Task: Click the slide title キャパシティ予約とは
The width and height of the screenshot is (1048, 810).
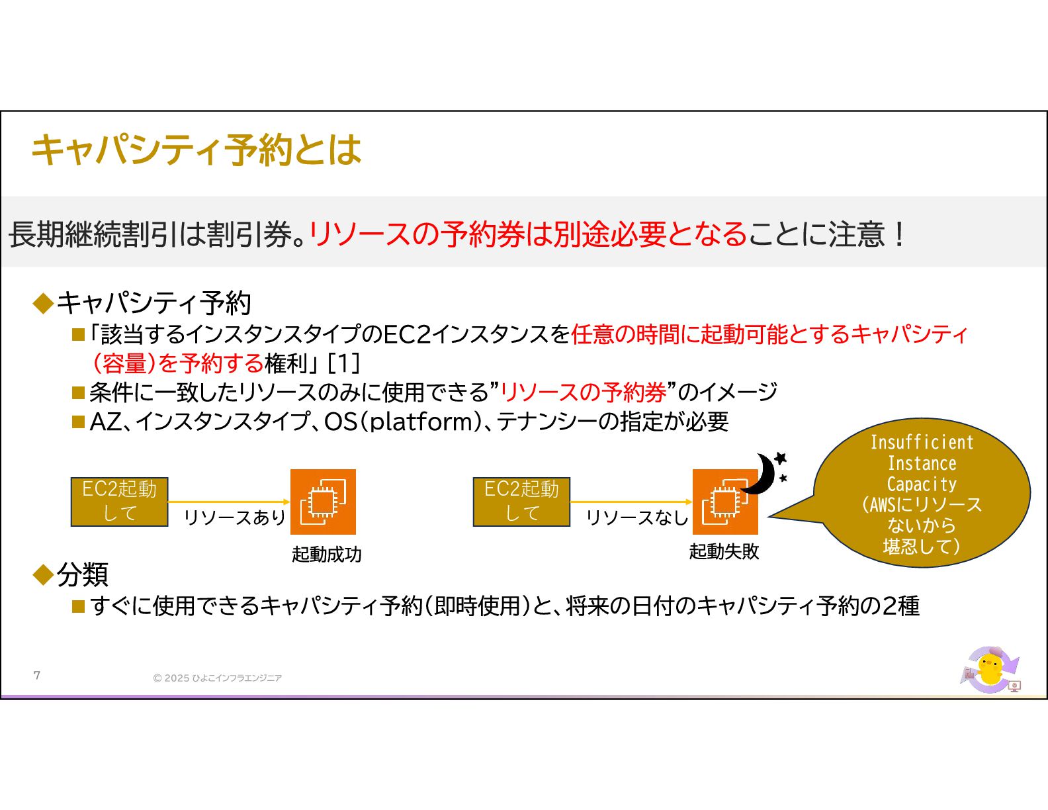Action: (x=196, y=150)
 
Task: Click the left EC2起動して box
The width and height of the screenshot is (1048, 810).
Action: (x=120, y=502)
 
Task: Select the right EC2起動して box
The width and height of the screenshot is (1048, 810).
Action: (x=521, y=502)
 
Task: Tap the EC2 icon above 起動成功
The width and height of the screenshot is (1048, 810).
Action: (x=323, y=502)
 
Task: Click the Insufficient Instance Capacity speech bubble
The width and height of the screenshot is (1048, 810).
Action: (x=921, y=493)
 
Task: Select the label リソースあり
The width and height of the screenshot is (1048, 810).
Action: (x=234, y=517)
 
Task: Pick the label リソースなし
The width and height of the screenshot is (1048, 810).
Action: (x=637, y=517)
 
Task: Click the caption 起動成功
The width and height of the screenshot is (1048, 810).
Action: (x=327, y=554)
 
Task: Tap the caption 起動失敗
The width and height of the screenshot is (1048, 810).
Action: (x=724, y=551)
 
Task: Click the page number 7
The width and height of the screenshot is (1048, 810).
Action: (x=37, y=675)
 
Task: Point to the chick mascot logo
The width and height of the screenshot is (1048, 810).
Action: (x=990, y=670)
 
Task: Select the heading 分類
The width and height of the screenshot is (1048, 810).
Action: (x=82, y=574)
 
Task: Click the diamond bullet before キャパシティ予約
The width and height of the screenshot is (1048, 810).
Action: (x=44, y=304)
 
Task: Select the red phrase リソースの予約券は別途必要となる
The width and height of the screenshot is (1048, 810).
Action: (x=528, y=234)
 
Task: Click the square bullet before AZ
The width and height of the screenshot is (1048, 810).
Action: (x=79, y=422)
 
